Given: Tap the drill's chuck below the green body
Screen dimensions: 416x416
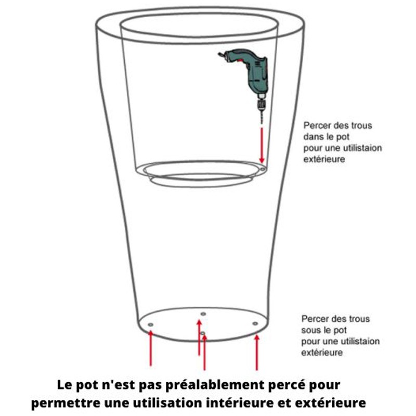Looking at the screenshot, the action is point(262,105).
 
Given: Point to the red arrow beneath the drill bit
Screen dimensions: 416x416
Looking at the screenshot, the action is point(262,146).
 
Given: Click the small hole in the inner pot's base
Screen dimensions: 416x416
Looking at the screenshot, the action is point(263,169).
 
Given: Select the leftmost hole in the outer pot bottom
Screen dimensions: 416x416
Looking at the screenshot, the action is point(150,324).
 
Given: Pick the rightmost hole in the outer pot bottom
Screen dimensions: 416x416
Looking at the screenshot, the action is point(255,323).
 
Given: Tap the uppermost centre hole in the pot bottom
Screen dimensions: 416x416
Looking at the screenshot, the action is point(203,314).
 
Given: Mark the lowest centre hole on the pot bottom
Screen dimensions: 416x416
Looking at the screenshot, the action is point(203,333).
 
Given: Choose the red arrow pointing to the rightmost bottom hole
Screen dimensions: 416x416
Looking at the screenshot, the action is point(256,353).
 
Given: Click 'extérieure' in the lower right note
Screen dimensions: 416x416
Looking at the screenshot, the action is point(322,353).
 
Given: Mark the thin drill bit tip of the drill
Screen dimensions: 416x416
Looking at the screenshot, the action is point(262,123).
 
